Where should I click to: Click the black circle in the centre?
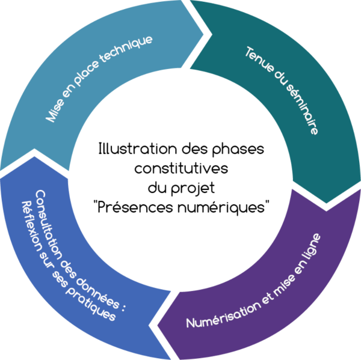tap(180, 180)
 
